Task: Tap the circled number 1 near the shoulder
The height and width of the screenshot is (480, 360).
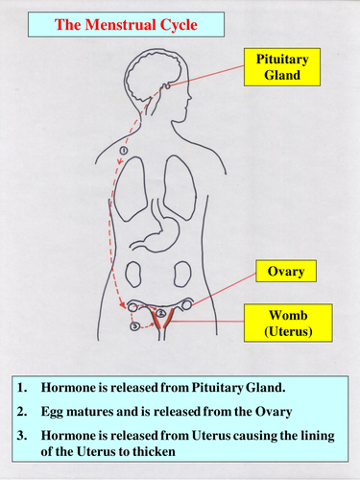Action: coord(122,151)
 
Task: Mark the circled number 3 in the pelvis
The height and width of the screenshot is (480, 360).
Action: coord(134,325)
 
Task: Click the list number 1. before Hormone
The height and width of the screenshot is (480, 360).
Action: coord(22,388)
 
